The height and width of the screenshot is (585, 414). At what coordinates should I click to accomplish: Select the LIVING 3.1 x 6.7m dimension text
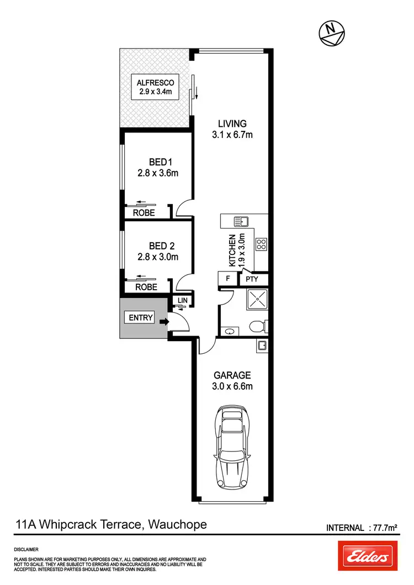click(x=231, y=135)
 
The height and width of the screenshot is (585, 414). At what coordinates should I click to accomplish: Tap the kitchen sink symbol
click(x=242, y=222)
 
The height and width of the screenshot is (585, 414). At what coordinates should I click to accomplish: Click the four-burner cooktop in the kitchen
click(x=261, y=243)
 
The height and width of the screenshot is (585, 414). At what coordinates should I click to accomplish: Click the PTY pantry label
click(x=253, y=280)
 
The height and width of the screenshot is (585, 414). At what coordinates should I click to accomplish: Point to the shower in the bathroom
click(x=254, y=300)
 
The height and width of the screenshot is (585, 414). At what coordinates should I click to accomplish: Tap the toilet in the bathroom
click(x=257, y=326)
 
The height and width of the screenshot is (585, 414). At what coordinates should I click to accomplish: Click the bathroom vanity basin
click(x=230, y=331)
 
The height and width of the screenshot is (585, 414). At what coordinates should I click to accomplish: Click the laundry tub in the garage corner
click(x=263, y=345)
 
